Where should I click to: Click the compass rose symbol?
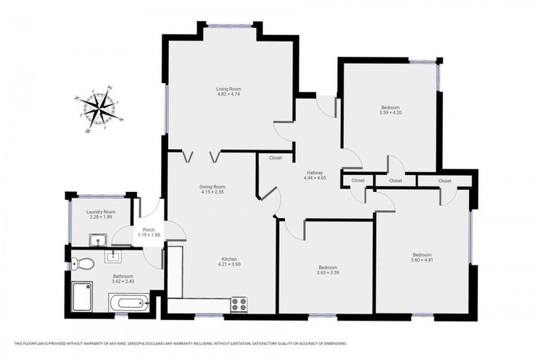pyautogui.click(x=99, y=108)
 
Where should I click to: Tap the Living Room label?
pyautogui.click(x=229, y=89)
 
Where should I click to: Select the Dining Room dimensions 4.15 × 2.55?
pyautogui.click(x=212, y=192)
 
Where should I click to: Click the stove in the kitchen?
pyautogui.click(x=240, y=304)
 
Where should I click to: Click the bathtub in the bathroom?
pyautogui.click(x=127, y=304)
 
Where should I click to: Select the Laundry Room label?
pyautogui.click(x=100, y=212)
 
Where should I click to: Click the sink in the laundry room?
pyautogui.click(x=97, y=240)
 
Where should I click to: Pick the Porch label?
pyautogui.click(x=148, y=229)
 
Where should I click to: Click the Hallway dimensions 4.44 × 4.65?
pyautogui.click(x=314, y=179)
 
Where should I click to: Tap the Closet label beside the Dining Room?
pyautogui.click(x=275, y=158)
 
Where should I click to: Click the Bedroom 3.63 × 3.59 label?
pyautogui.click(x=328, y=267)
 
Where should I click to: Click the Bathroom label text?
pyautogui.click(x=123, y=276)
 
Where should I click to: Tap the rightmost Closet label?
pyautogui.click(x=444, y=181)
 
